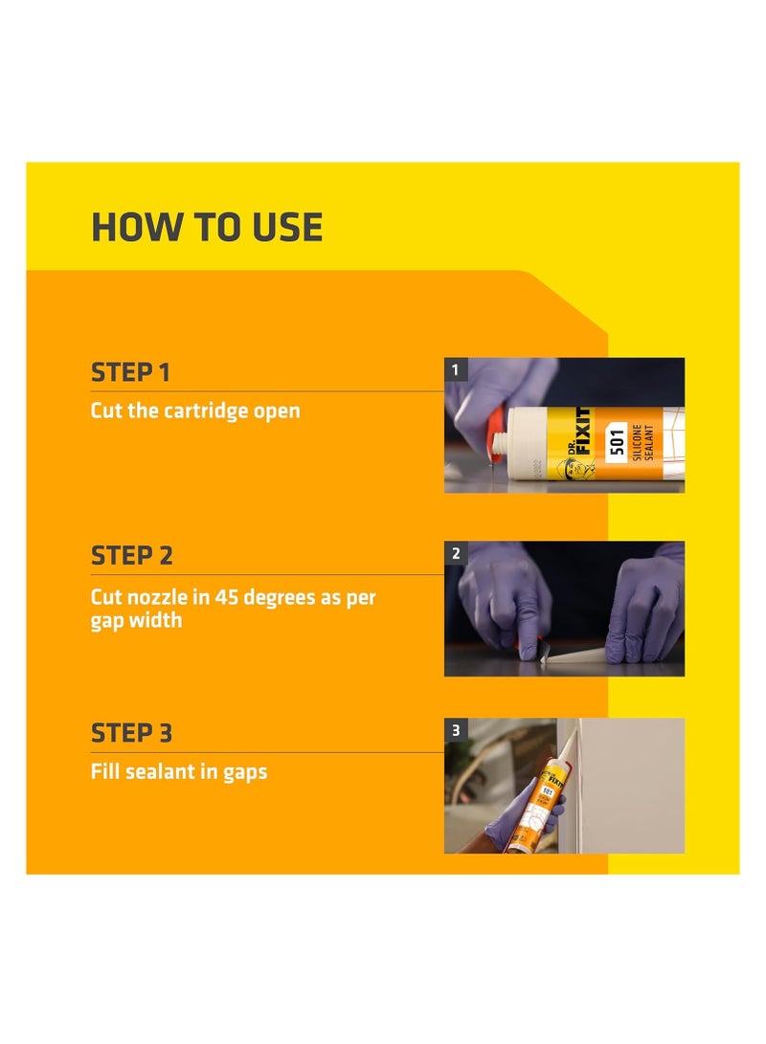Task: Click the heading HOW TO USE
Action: coord(207,228)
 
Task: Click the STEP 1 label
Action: coord(130,372)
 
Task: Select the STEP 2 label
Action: coord(132,555)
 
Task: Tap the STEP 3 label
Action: coord(132,733)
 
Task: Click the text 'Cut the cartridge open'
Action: coord(195,411)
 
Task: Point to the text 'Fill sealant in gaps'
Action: coord(179,770)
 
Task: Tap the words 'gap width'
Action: coord(136,621)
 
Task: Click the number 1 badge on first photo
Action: coord(456,369)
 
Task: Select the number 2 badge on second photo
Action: coord(456,553)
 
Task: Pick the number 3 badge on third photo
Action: coord(456,730)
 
